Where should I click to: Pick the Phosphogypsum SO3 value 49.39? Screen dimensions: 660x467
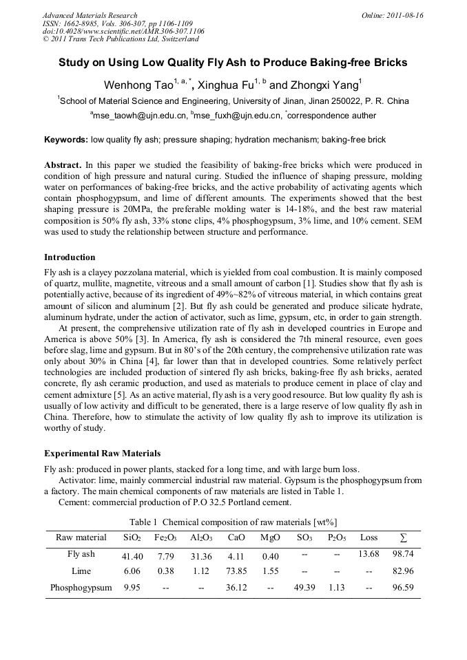[x=304, y=588]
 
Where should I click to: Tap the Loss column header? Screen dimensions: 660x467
[x=369, y=537]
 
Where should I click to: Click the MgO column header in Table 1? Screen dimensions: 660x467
[x=271, y=537]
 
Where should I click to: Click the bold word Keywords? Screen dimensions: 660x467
[x=65, y=140]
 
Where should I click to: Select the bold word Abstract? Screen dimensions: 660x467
[x=63, y=166]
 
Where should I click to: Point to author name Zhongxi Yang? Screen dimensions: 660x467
[x=323, y=86]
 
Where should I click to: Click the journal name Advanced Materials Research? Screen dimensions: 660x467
[x=90, y=14]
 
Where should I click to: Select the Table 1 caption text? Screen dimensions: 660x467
[x=233, y=522]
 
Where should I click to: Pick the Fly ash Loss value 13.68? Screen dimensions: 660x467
[x=369, y=554]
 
